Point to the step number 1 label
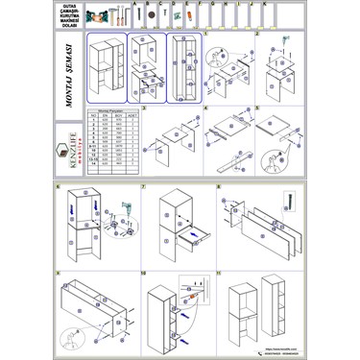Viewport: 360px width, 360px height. pyautogui.click(x=206, y=32)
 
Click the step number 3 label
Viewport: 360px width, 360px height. pyautogui.click(x=143, y=108)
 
